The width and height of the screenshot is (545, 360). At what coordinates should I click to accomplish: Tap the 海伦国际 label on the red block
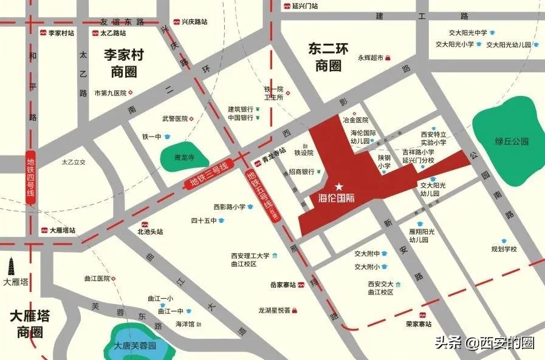pyautogui.click(x=336, y=198)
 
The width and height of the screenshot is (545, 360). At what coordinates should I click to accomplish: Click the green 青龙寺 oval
pyautogui.click(x=180, y=158)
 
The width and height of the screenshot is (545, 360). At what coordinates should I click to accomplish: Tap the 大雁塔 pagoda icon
pyautogui.click(x=14, y=267)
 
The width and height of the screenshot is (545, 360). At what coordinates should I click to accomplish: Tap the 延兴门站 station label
pyautogui.click(x=301, y=6)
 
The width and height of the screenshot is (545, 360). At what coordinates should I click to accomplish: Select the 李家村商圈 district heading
pyautogui.click(x=123, y=64)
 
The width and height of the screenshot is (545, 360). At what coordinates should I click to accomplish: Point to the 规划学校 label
pyautogui.click(x=504, y=249)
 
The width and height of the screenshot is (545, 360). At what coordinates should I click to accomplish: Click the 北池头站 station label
pyautogui.click(x=150, y=231)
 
